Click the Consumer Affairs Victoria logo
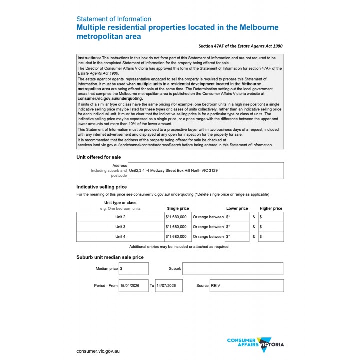point(256,344)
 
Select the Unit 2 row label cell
point(120,217)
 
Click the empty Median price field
point(133,269)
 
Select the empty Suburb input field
point(233,269)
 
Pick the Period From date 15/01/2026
point(133,286)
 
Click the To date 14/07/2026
point(169,286)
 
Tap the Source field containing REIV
point(246,286)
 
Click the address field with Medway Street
point(206,170)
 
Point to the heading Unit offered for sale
point(98,157)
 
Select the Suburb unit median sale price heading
point(110,257)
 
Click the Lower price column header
point(237,208)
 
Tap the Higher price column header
point(271,208)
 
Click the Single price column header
point(178,208)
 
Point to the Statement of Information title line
point(114,19)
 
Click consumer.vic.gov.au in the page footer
point(98,351)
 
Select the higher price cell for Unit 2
point(271,217)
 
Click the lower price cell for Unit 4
point(237,237)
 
